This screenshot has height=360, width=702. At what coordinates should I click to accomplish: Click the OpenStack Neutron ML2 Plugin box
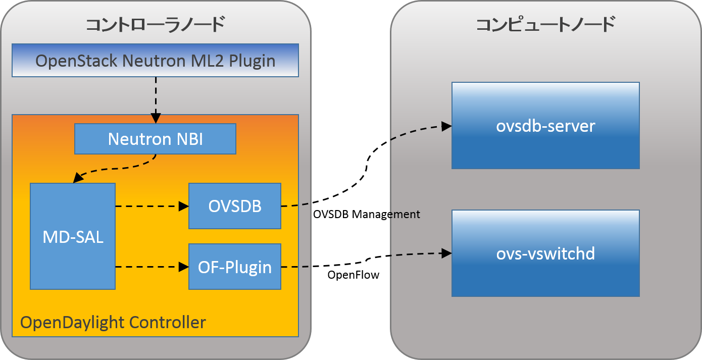155,61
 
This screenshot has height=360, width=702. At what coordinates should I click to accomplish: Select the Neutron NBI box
155,139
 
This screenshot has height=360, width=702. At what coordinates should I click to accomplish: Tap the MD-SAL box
73,236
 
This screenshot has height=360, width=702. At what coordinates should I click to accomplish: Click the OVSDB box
235,206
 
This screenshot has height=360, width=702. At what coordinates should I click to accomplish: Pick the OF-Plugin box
235,267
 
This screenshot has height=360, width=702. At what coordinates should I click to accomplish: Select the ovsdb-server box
545,126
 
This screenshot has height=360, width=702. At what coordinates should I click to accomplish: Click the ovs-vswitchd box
545,253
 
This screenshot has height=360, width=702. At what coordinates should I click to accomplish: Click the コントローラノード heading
155,24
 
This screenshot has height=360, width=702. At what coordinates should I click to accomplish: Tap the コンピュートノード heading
545,24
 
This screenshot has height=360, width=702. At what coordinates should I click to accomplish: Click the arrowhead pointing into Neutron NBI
156,119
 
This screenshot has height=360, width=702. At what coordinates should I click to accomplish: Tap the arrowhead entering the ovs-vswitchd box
446,253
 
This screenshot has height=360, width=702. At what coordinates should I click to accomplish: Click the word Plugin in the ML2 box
252,61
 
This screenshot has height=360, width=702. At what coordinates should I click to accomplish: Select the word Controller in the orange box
167,322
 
